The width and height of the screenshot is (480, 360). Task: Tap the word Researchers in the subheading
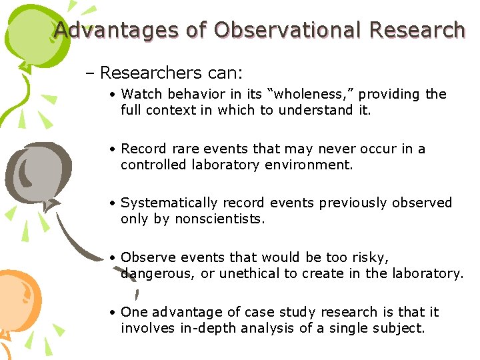(x=142, y=72)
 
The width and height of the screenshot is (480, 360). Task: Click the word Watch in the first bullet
(x=137, y=94)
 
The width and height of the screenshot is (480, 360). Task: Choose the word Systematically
(x=169, y=203)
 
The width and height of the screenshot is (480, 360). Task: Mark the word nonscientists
(x=219, y=219)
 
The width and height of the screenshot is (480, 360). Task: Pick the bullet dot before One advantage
(x=115, y=313)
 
